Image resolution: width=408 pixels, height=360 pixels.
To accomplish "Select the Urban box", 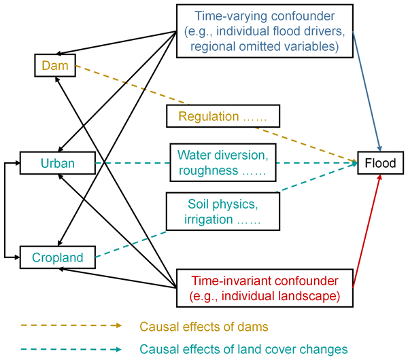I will pos(57,163).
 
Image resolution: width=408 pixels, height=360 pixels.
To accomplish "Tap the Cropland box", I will pos(57,257).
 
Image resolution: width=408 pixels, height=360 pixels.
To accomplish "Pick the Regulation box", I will pos(222,116).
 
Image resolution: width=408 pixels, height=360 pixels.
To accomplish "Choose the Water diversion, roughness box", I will pos(222,162).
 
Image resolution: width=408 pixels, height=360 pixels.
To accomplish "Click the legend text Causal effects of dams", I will pos(204,327).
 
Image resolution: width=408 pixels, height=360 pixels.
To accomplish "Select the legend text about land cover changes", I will pos(243,349).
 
